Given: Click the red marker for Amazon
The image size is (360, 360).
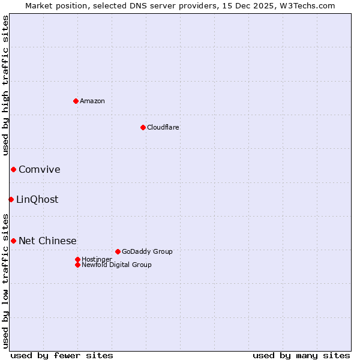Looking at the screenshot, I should [x=76, y=101].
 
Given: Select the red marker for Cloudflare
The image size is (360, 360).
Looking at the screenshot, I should [x=143, y=127].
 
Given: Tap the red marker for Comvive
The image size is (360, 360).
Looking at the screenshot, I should [x=13, y=170].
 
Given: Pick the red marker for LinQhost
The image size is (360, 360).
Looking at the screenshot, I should [x=11, y=199].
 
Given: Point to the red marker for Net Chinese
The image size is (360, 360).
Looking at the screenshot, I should [x=13, y=241].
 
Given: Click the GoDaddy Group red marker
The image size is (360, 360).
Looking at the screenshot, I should [x=118, y=251].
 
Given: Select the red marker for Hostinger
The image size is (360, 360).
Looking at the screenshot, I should [x=77, y=259].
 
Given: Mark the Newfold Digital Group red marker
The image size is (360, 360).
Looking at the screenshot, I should [x=77, y=265].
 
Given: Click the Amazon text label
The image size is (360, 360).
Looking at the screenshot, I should [x=92, y=101].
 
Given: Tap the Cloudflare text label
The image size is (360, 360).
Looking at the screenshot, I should [x=163, y=127].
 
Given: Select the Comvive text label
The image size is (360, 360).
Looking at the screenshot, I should [x=39, y=170].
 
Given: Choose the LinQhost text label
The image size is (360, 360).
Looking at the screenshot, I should [x=37, y=200].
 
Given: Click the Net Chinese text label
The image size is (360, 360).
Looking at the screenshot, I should [x=47, y=241].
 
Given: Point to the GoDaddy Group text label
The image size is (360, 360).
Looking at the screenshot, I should [x=147, y=251].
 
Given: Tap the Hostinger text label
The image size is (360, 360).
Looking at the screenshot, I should [x=97, y=259].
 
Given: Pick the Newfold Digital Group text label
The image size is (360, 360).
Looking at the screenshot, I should [x=116, y=265].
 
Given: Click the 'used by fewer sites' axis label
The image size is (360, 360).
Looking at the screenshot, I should [x=62, y=355].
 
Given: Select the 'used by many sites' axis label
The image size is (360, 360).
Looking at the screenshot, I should [x=301, y=355].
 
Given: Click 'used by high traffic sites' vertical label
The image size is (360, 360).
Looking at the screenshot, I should [x=5, y=87].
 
